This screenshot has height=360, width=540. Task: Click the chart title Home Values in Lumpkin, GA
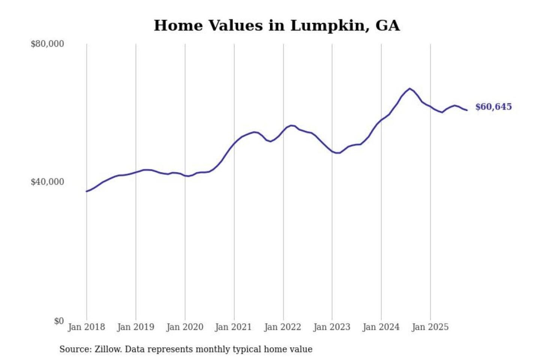point(277,25)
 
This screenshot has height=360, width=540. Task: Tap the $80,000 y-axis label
point(47,44)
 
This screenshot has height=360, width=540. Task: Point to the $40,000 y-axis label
point(47,182)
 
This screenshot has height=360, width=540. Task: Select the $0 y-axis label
point(59,321)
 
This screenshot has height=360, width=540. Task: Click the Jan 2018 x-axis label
point(86,327)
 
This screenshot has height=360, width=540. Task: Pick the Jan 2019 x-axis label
point(135,327)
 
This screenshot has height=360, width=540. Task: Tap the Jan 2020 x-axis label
point(184,327)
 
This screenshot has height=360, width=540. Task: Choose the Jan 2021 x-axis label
point(233,327)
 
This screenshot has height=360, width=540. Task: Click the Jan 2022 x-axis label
point(282,327)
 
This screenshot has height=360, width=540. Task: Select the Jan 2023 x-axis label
point(331,327)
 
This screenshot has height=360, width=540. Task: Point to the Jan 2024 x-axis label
point(381,327)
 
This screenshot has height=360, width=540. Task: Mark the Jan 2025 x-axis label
point(430,327)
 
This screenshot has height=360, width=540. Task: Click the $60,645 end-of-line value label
point(493,107)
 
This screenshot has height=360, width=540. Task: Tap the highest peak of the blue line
point(409,88)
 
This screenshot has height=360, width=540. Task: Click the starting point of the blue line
point(87,191)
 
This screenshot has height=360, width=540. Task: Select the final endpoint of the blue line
point(467,110)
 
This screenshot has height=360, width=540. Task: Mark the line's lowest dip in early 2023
point(337,153)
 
